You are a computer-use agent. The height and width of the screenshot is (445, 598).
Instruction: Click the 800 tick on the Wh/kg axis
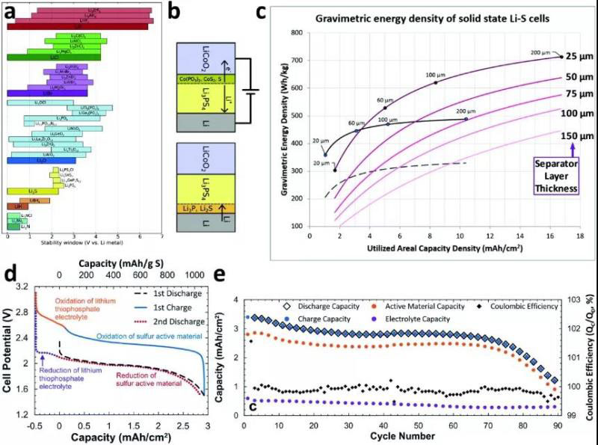[296, 34]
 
